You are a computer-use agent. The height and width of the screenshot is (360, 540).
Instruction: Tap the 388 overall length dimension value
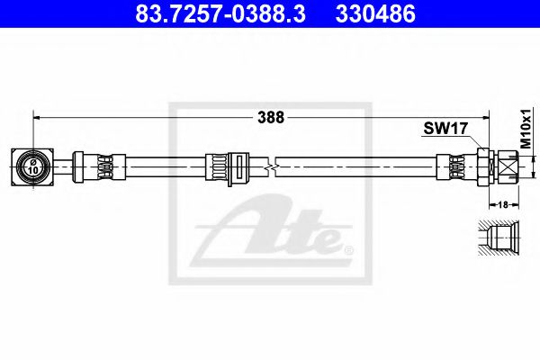point(270,117)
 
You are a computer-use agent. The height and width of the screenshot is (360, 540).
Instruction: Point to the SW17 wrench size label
point(445,129)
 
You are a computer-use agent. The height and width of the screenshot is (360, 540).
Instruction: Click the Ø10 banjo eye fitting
point(32,166)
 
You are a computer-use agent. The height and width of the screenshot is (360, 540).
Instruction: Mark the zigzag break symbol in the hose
point(271,166)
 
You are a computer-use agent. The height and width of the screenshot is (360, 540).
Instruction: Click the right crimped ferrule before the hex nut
point(453,166)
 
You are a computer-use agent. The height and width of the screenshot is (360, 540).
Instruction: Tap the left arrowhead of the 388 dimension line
point(38,116)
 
